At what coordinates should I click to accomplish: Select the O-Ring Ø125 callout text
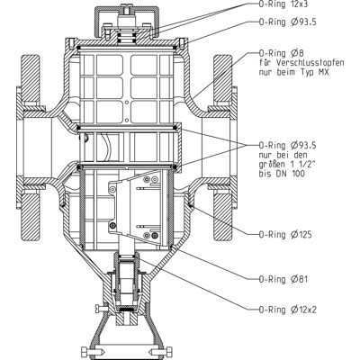pyautogui.click(x=285, y=234)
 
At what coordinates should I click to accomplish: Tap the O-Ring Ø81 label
pyautogui.click(x=283, y=279)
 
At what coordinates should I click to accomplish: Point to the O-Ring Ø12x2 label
pyautogui.click(x=287, y=310)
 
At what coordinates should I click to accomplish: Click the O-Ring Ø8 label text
pyautogui.click(x=281, y=54)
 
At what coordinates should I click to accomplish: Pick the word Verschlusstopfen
pyautogui.click(x=310, y=63)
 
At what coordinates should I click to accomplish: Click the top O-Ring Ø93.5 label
pyautogui.click(x=287, y=22)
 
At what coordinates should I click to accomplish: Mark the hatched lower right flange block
pyautogui.click(x=223, y=217)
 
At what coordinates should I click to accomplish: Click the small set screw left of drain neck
pyautogui.click(x=102, y=308)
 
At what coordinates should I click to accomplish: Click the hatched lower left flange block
pyautogui.click(x=30, y=217)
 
